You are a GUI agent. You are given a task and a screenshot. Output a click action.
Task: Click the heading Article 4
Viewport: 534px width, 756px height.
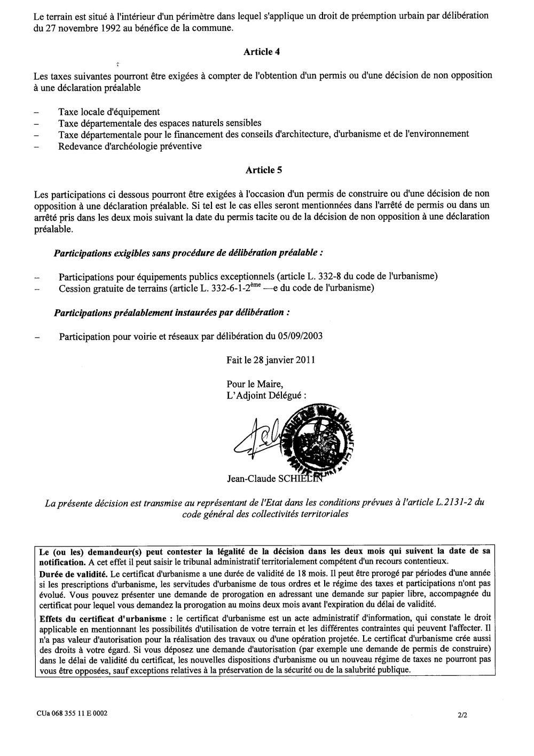pyautogui.click(x=262, y=52)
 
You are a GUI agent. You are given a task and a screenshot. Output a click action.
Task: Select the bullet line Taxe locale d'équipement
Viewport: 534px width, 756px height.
pyautogui.click(x=109, y=112)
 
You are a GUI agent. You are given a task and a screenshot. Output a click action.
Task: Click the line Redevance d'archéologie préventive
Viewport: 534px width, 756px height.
pyautogui.click(x=130, y=146)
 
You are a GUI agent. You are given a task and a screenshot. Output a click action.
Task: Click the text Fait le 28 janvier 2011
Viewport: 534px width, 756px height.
pyautogui.click(x=271, y=360)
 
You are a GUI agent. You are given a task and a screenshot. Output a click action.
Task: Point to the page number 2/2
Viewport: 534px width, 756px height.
pyautogui.click(x=462, y=713)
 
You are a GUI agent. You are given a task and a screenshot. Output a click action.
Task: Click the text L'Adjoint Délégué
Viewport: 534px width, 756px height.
pyautogui.click(x=267, y=395)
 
